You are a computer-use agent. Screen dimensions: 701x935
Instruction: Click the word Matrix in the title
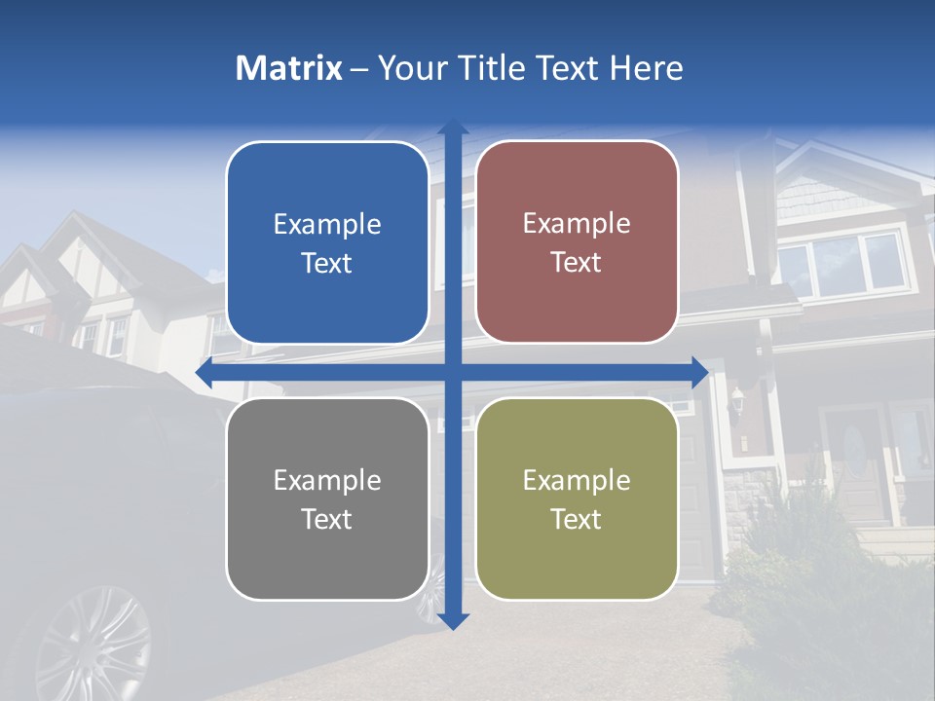click(289, 68)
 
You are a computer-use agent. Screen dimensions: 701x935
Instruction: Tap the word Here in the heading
click(646, 68)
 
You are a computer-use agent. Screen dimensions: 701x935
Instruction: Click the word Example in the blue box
click(327, 225)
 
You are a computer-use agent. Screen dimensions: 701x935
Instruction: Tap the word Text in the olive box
click(577, 519)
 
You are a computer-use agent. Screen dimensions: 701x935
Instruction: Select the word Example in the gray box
click(327, 480)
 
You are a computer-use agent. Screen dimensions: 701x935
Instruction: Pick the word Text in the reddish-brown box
click(577, 262)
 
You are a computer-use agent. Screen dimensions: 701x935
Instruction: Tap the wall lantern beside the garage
click(738, 399)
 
